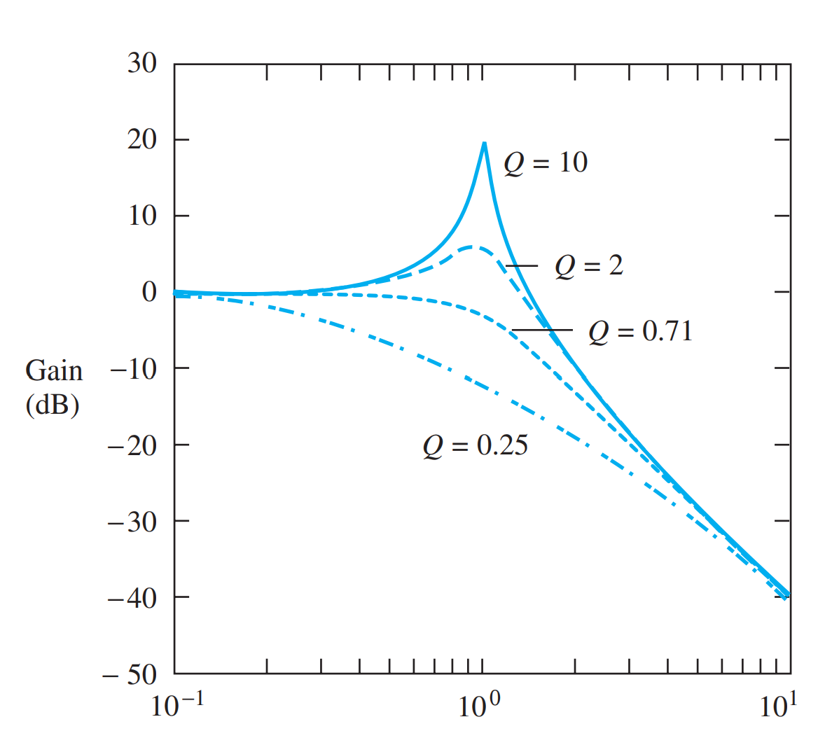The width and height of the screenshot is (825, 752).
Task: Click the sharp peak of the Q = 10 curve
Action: point(484,144)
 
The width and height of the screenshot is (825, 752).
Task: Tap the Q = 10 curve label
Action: point(546,163)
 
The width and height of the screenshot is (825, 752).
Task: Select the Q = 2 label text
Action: point(589,266)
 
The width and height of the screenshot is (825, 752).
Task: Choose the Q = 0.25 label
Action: point(475,445)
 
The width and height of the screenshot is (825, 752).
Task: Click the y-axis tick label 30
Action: point(142,63)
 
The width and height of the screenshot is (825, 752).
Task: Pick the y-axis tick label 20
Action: point(142,139)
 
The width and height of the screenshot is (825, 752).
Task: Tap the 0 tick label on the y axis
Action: point(149,291)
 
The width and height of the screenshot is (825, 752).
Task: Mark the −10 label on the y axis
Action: point(134,368)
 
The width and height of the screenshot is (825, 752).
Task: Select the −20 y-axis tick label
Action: point(132,445)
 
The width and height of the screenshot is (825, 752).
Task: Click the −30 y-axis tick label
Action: point(132,521)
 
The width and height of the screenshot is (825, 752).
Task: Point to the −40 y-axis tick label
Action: point(132,597)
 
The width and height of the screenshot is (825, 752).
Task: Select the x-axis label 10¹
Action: point(778,705)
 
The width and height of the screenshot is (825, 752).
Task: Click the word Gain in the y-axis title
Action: point(54,371)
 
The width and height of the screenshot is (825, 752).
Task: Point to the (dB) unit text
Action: point(53,405)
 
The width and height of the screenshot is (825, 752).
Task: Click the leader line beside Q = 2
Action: point(522,266)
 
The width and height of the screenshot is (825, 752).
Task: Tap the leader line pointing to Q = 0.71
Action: point(542,330)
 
